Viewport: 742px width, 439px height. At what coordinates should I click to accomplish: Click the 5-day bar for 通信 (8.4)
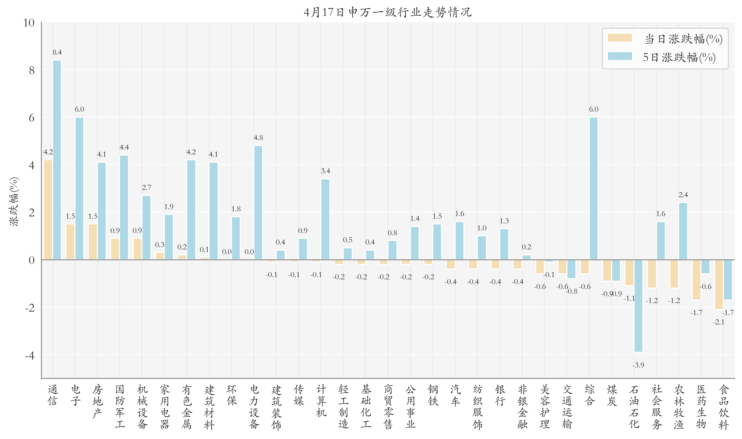(x=57, y=160)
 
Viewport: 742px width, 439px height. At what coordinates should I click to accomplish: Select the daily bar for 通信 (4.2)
(x=48, y=210)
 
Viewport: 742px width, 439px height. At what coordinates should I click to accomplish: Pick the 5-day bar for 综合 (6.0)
(x=594, y=188)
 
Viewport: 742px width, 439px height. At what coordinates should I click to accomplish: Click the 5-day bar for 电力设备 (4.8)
(x=258, y=203)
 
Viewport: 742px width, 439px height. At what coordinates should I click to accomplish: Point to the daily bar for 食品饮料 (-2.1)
(x=719, y=284)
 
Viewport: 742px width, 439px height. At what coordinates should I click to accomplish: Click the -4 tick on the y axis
(x=29, y=355)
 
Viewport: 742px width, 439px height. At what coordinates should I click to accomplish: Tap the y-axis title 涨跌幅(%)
(x=14, y=201)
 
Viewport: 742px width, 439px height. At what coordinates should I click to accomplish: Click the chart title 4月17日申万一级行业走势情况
(x=387, y=12)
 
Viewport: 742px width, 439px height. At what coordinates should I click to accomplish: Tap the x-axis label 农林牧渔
(x=679, y=407)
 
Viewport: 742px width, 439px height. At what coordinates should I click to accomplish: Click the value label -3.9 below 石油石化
(x=638, y=365)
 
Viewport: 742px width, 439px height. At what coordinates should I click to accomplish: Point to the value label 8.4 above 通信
(x=57, y=52)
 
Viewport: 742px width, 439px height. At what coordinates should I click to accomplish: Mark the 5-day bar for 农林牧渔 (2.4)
(x=683, y=231)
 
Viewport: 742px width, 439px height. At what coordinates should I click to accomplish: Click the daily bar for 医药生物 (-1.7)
(x=696, y=280)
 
